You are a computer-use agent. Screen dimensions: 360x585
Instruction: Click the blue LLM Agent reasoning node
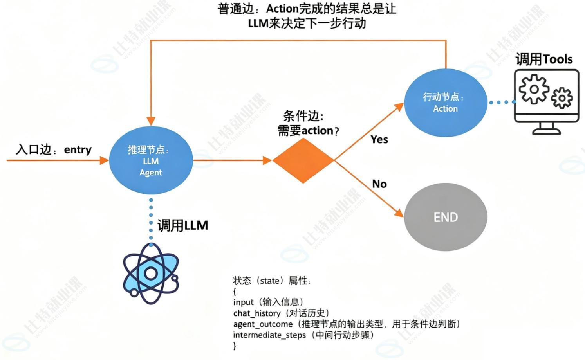point(151,160)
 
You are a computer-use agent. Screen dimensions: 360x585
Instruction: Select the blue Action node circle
point(445,103)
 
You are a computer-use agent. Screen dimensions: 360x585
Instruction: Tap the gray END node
point(445,217)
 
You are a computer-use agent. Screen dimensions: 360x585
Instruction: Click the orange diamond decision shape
point(303,160)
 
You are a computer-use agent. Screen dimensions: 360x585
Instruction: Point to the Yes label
point(379,140)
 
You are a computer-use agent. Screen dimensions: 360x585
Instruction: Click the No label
point(379,184)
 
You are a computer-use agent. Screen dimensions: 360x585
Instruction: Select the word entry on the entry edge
point(78,150)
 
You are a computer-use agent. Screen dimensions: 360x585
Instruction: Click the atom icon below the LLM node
point(151,273)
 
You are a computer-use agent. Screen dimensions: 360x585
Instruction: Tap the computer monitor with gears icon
point(546,102)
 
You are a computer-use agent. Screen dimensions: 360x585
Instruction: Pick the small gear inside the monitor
point(562,98)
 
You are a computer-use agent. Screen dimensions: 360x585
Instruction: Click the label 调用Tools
point(544,59)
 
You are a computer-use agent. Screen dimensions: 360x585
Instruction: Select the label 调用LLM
point(182,225)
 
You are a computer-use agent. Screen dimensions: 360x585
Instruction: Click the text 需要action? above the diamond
point(308,130)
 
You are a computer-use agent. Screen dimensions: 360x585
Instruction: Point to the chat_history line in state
point(281,313)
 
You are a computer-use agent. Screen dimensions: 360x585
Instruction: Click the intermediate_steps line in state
point(303,335)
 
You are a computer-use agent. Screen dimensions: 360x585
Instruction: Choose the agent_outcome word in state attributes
point(263,324)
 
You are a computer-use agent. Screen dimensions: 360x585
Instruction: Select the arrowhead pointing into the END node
point(399,213)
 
